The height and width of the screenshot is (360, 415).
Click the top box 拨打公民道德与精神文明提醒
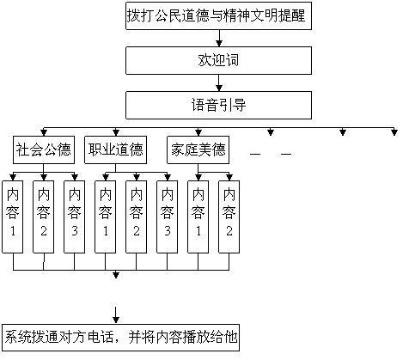point(218,15)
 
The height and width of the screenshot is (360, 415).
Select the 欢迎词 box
point(218,61)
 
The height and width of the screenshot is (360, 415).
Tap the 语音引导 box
point(218,106)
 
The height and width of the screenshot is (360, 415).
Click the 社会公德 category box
point(44,149)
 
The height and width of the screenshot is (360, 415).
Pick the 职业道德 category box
point(115,149)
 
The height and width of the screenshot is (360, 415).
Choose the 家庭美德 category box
point(198,149)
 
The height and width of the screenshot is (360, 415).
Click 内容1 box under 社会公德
point(13,217)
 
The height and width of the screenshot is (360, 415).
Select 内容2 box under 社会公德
point(44,217)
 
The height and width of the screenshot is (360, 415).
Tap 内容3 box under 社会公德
point(75,217)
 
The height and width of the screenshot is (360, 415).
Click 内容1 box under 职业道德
point(106,217)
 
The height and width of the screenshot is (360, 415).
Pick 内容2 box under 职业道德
point(137,217)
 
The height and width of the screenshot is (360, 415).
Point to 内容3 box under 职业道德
point(168,217)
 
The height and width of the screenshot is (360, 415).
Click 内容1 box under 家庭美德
point(198,217)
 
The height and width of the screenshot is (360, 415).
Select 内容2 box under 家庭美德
point(229,217)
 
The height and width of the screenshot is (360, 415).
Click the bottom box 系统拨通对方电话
point(120,338)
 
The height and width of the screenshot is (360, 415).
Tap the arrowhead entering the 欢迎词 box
point(219,44)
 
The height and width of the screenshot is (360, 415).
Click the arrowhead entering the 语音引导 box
point(219,88)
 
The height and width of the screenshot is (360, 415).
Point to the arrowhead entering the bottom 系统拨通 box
point(116,320)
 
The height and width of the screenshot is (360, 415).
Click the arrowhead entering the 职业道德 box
point(116,132)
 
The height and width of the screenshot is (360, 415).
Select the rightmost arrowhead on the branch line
point(394,132)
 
